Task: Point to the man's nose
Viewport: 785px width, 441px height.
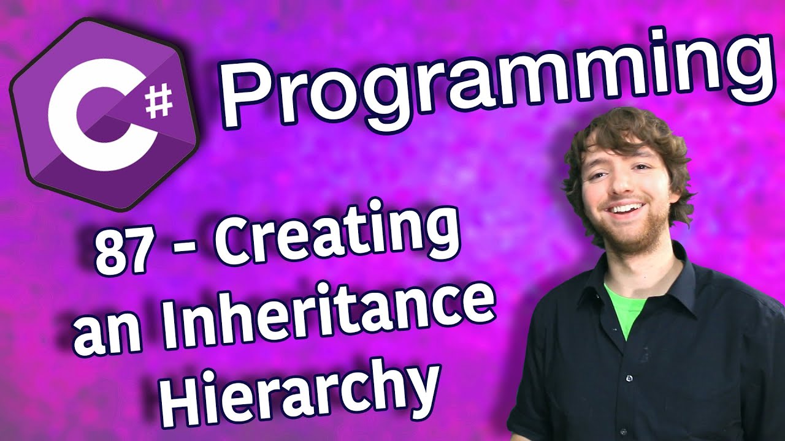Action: [622, 185]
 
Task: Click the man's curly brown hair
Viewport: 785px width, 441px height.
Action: [627, 140]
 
